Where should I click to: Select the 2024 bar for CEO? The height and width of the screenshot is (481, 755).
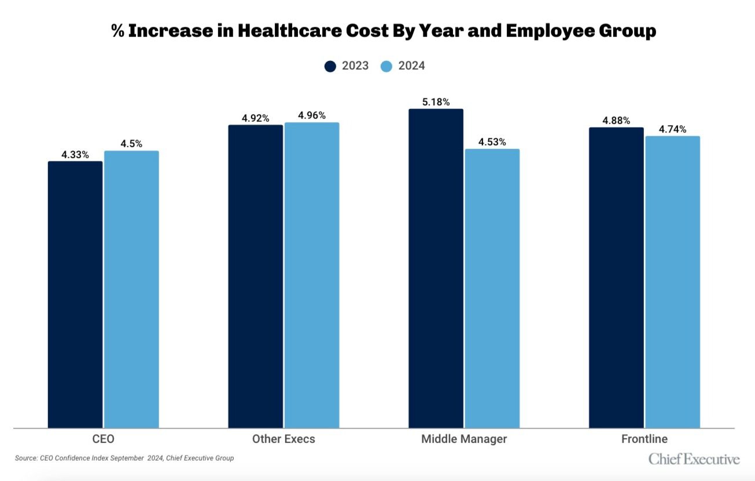131,289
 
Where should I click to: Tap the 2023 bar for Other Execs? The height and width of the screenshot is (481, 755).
255,276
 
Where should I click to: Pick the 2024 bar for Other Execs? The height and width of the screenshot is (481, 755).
312,275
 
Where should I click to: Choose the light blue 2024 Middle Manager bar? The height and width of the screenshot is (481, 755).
492,288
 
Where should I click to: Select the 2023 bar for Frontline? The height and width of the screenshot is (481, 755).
616,277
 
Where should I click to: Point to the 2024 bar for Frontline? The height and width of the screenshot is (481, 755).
672,282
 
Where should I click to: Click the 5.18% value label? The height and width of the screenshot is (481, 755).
436,102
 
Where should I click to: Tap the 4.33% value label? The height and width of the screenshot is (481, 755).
75,155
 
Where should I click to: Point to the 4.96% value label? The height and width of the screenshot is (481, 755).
312,115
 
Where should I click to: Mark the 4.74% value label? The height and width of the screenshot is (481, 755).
672,129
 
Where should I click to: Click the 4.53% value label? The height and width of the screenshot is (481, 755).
492,142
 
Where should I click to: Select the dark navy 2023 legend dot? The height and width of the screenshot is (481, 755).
330,66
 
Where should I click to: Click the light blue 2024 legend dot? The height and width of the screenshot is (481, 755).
386,66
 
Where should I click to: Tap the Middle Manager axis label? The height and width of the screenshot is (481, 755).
464,439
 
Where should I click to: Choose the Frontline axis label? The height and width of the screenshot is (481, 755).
644,439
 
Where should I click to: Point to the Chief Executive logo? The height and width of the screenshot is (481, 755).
694,459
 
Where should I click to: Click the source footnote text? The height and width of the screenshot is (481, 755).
124,458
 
